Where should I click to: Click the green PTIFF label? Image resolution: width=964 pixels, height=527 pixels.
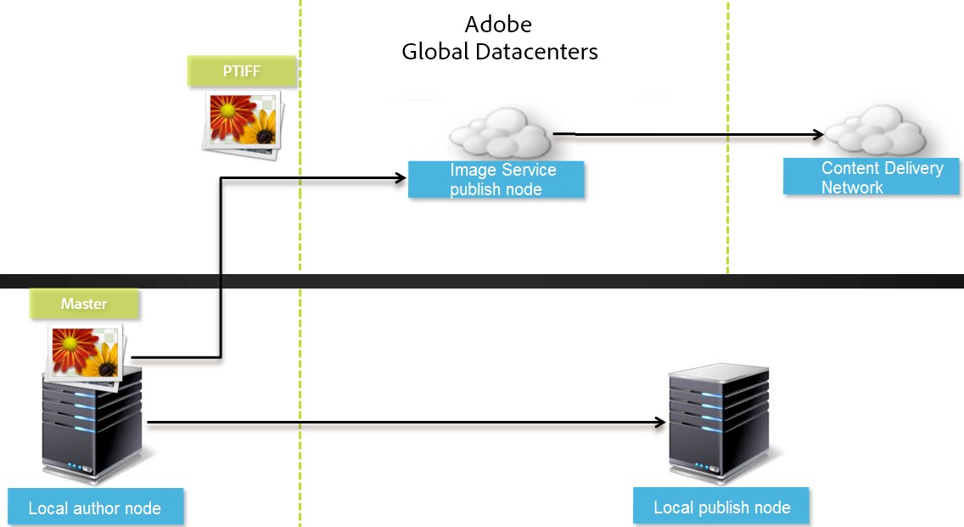[242, 71]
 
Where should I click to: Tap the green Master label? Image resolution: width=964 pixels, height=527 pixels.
[83, 304]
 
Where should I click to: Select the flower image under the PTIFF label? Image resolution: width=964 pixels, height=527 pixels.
[243, 122]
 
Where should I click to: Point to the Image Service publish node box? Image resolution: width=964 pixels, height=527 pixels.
[496, 180]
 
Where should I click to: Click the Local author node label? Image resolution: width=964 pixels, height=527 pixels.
[95, 508]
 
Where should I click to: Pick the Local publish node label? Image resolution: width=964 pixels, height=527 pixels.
[721, 507]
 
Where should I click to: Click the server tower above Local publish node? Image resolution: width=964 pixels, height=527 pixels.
[718, 423]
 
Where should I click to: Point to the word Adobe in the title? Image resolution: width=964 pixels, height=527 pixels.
[499, 24]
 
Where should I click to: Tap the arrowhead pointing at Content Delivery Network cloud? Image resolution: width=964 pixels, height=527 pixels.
[818, 134]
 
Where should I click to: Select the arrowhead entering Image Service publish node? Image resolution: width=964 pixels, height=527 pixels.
[401, 177]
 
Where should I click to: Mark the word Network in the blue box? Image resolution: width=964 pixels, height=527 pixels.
[852, 188]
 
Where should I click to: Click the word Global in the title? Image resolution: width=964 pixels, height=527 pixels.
[435, 52]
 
